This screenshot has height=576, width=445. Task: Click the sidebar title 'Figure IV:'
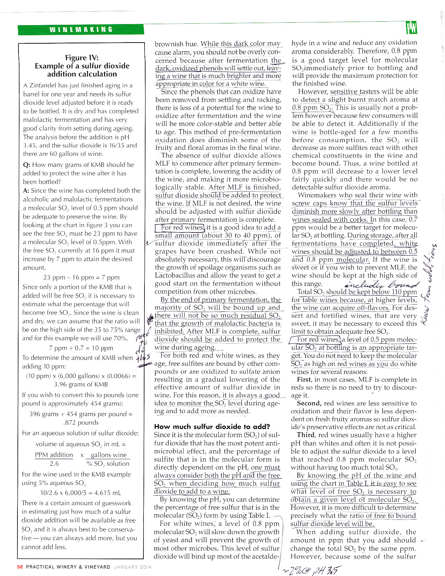coord(82,58)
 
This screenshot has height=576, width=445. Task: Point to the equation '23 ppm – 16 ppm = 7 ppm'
coord(81,278)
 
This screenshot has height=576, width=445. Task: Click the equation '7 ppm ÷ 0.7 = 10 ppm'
coord(81,348)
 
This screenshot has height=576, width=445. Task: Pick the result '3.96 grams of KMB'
coord(81,384)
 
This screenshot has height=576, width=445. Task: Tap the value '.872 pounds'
coord(81,422)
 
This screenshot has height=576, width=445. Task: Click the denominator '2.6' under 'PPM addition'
coord(54,464)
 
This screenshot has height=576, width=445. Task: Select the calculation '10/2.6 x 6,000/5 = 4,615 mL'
coord(81,493)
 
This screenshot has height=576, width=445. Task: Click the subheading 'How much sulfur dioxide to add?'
coord(212,427)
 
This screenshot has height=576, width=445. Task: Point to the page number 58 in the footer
coord(20,567)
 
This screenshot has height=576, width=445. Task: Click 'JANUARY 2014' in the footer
coord(133,567)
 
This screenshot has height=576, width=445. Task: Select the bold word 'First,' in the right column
coord(304,380)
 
